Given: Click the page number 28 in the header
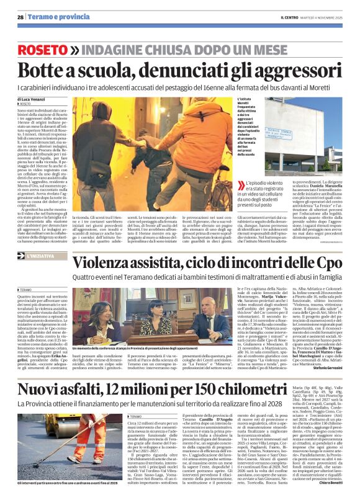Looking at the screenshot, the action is [20, 17].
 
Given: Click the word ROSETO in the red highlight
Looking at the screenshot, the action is [43, 49].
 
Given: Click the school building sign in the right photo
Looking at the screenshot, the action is [279, 133].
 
